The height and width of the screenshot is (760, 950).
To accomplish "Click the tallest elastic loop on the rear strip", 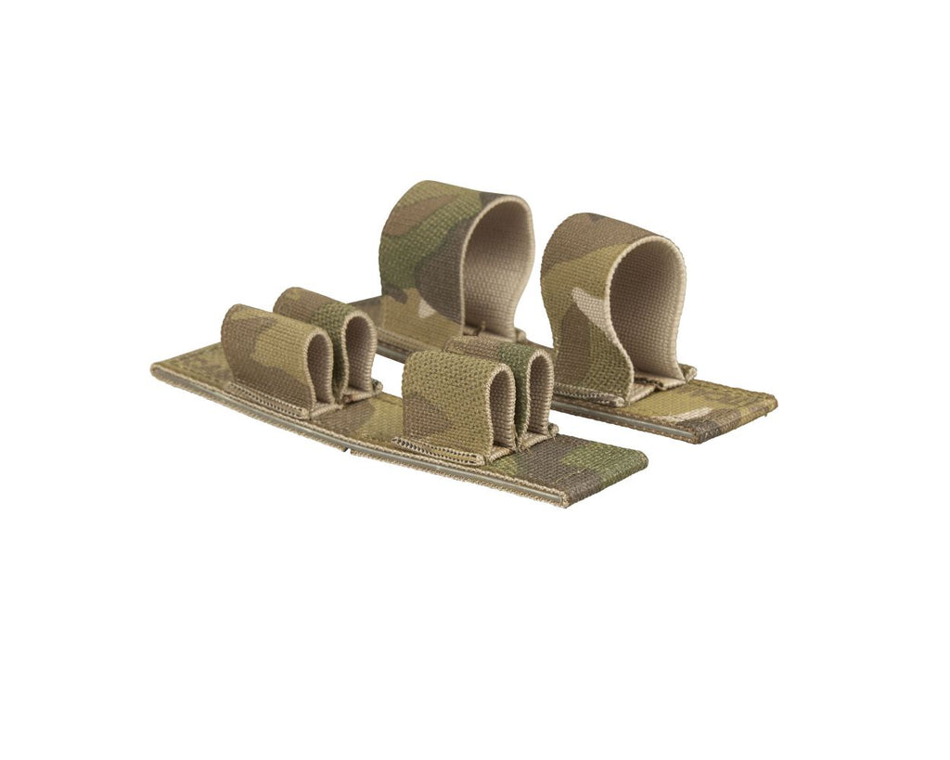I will [x=436, y=260].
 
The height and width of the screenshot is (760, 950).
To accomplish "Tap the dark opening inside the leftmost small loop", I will [x=320, y=367].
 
